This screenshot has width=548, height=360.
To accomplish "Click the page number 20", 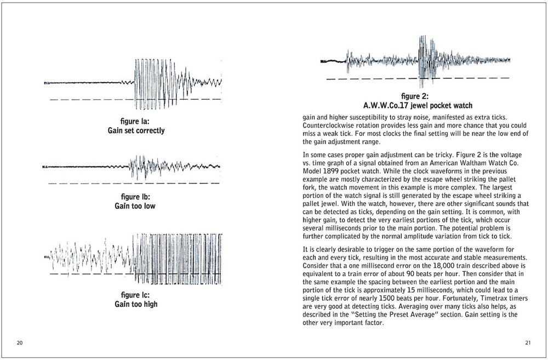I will [x=19, y=343].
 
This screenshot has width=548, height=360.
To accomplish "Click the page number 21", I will [x=528, y=343].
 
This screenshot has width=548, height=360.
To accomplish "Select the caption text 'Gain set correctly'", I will [x=135, y=131].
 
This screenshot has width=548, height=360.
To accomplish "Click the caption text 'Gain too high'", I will [x=135, y=304].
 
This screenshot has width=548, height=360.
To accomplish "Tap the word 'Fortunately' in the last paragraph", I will [x=442, y=300].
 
